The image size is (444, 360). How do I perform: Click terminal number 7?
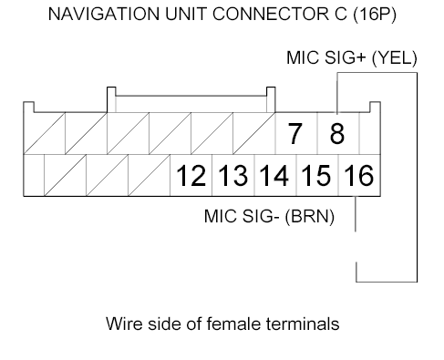pos(294,134)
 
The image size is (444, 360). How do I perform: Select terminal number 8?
pos(336,134)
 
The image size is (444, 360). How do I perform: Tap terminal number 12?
pos(191,175)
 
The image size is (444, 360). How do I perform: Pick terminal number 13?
pos(232,175)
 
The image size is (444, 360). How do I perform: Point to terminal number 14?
pos(274,175)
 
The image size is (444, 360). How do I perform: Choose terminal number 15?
pos(316,175)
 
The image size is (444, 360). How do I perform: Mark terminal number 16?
pos(358,175)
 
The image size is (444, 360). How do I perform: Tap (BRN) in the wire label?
pos(315,219)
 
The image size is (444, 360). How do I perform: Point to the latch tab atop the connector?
pos(191,94)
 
